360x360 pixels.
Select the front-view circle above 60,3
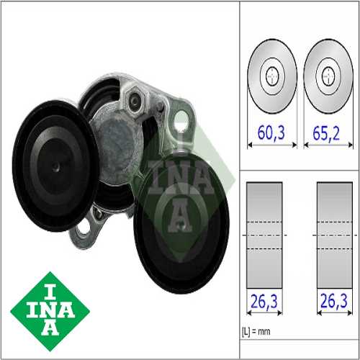272,75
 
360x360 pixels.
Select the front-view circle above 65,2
328,75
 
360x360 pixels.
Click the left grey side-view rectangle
264,234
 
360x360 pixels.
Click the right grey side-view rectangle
334,234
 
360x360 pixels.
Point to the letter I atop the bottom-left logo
50,286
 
